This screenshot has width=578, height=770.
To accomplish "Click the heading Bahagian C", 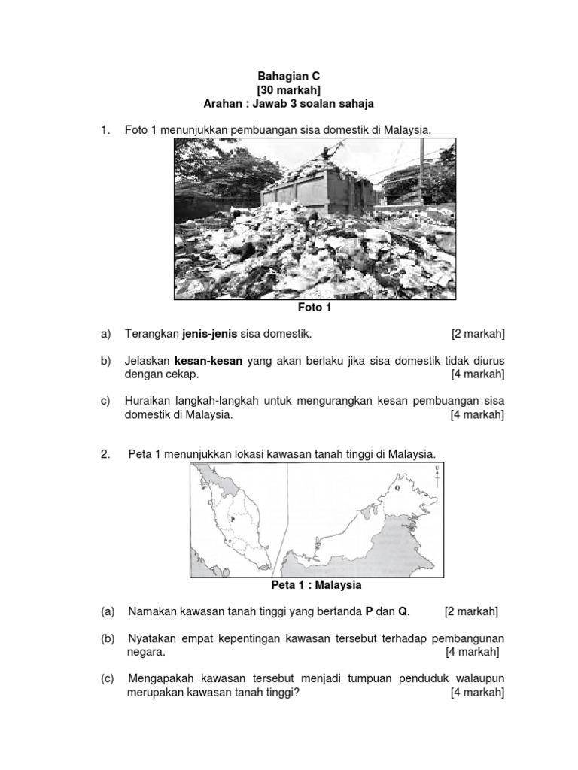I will pos(289,76).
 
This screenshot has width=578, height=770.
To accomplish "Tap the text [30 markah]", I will pos(289,89).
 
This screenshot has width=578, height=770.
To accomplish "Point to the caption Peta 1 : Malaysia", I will pos(316,584).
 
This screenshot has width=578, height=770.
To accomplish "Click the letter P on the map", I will pos(233,518).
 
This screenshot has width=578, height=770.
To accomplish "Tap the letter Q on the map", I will pos(397,487).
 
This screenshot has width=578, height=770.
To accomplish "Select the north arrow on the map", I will pos(437,476).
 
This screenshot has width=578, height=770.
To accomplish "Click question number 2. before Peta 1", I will pos(106,454).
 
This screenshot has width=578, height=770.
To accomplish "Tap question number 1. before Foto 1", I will pos(106,130).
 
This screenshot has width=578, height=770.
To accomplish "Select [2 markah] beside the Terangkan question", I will pos(478,333).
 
